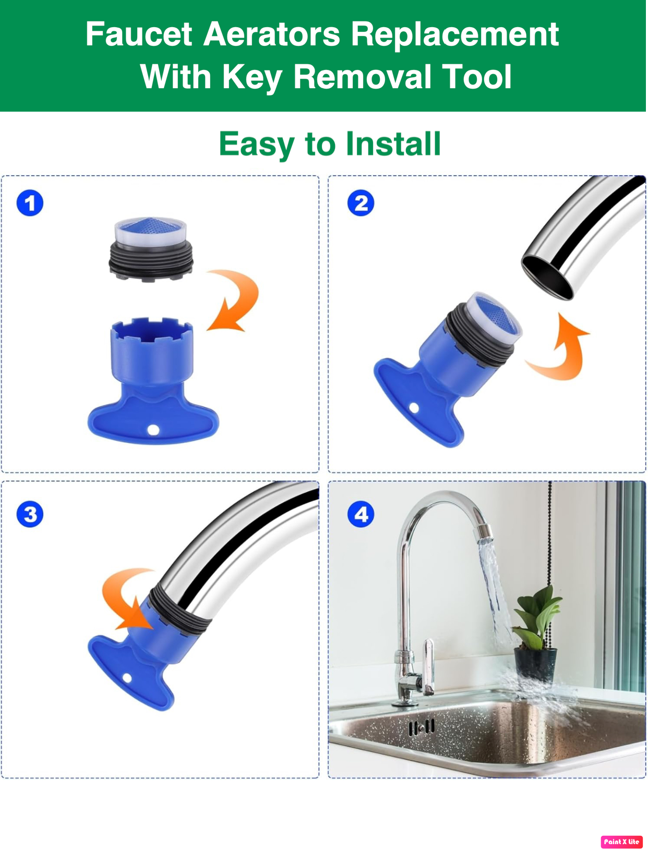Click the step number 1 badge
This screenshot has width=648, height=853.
click(x=30, y=203)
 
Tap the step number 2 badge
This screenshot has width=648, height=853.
click(x=361, y=203)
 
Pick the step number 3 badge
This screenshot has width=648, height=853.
click(x=30, y=515)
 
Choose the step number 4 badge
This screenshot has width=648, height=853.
click(x=361, y=515)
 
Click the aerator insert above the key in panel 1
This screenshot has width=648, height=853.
click(x=151, y=249)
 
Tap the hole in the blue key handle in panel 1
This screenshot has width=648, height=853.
click(x=153, y=430)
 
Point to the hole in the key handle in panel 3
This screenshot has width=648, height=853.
click(x=127, y=678)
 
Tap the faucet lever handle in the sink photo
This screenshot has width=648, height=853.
click(x=428, y=665)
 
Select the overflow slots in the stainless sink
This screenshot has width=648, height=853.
click(x=422, y=727)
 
